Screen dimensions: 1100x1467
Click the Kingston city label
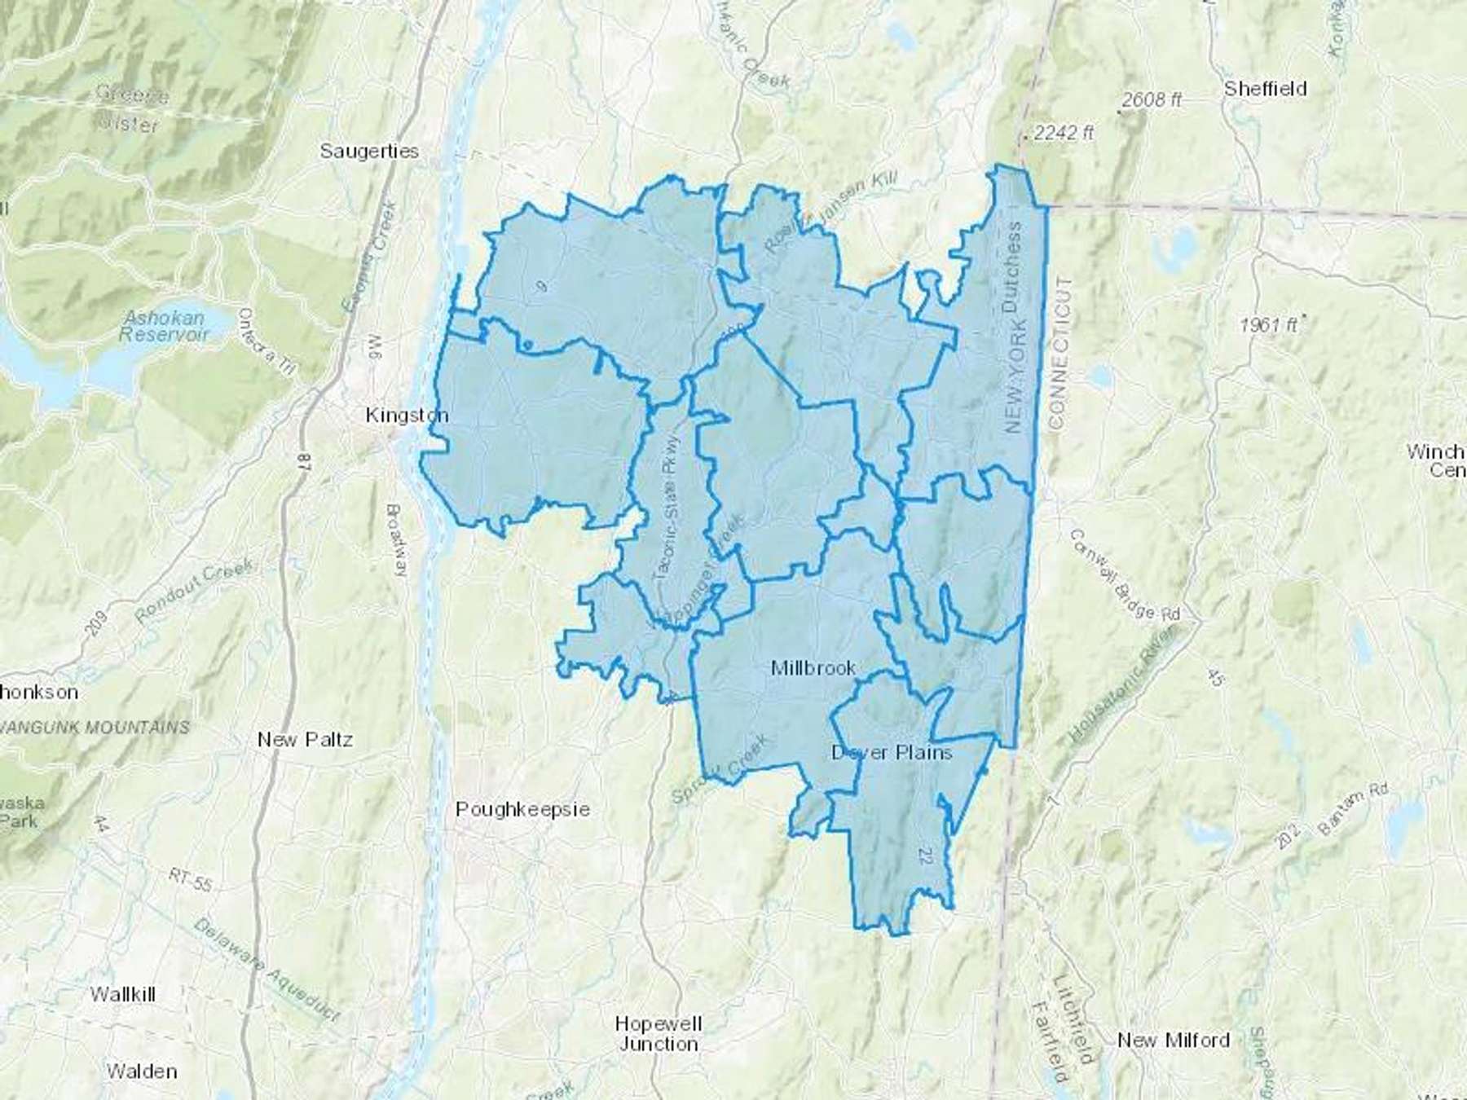click(407, 416)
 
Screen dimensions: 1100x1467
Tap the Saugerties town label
click(369, 151)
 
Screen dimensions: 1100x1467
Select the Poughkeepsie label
click(522, 809)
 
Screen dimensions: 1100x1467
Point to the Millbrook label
click(813, 668)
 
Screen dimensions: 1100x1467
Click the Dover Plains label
click(892, 752)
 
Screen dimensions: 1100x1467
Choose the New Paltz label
click(305, 739)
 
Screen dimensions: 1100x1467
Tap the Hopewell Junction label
click(659, 1033)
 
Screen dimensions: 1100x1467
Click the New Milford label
click(1174, 1040)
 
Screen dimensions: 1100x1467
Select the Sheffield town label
click(1265, 89)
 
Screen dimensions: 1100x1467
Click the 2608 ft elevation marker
click(1152, 100)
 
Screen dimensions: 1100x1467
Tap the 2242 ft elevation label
click(1063, 133)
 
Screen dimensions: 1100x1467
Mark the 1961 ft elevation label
click(1268, 324)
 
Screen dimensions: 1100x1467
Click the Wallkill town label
click(123, 994)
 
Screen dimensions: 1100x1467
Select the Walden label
click(142, 1071)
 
